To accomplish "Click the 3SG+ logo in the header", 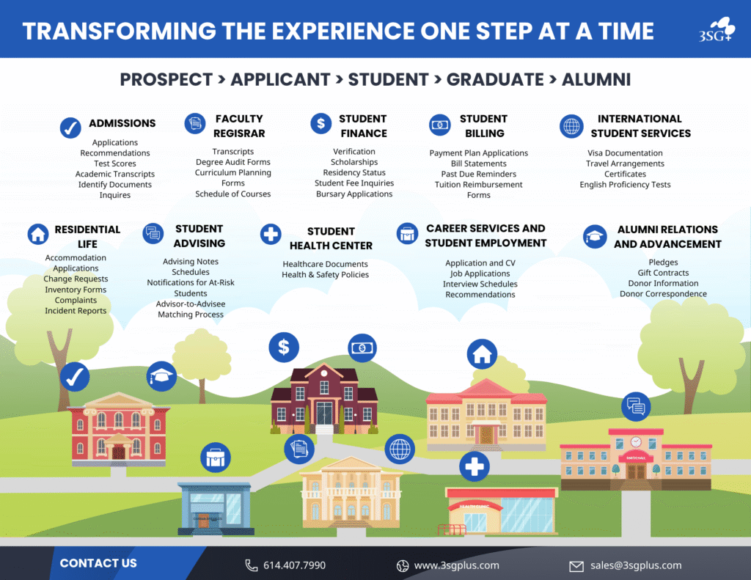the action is (x=716, y=29).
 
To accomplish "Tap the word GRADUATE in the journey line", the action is (x=495, y=79).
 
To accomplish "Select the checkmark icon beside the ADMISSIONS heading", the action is (x=70, y=128).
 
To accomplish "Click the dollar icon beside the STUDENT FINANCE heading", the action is (x=321, y=124).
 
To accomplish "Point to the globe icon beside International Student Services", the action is (x=571, y=126).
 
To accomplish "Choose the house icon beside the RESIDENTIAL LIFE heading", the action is (x=38, y=234).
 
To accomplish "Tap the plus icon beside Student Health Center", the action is (x=271, y=234).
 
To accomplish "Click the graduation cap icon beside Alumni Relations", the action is (x=595, y=237).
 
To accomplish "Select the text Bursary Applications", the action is (x=354, y=194).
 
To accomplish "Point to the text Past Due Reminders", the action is (x=478, y=174).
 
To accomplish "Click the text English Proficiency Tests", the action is (x=625, y=184).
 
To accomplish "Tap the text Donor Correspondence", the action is (x=663, y=293).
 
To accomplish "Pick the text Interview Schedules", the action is (x=480, y=284).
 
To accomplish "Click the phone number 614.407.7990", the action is (x=295, y=565).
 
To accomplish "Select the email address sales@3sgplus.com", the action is (x=636, y=565).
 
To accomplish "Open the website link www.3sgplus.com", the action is (x=456, y=565).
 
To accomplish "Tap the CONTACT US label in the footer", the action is (x=98, y=563).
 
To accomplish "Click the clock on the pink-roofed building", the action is (x=636, y=441).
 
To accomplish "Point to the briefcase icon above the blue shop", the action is (x=216, y=458).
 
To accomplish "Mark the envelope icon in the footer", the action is (x=576, y=567).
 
